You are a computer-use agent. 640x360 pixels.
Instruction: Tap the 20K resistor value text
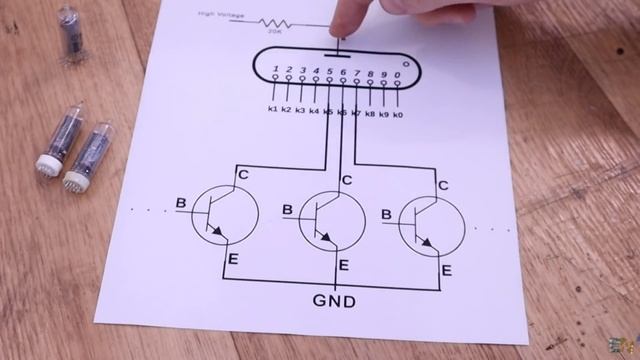coord(273,31)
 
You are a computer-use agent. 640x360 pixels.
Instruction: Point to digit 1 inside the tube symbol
coord(274,70)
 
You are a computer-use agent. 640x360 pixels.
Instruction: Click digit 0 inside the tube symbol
coord(397,75)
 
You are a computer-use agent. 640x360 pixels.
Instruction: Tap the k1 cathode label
coord(272,108)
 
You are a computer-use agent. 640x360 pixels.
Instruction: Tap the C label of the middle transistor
coord(346,180)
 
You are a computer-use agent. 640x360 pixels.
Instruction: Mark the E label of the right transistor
coord(447,270)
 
